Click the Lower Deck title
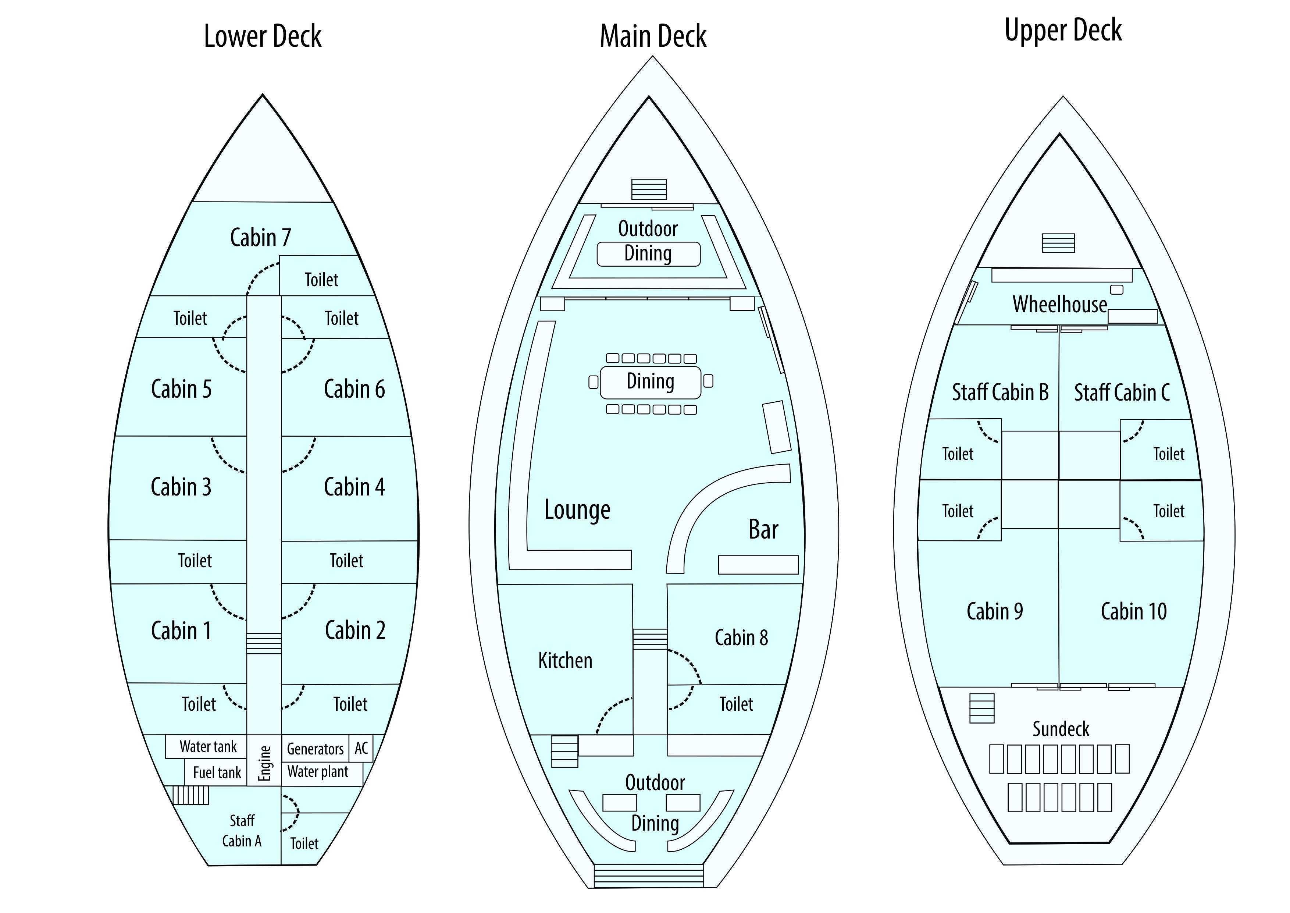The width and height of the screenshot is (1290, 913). pos(263,36)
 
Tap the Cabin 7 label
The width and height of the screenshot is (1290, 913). pos(261,238)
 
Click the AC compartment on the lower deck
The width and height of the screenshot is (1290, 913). pos(361,748)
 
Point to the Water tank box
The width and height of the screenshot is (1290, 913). pos(207,747)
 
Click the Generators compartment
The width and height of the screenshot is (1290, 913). pos(315,749)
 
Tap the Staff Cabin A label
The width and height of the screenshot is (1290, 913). pos(242,831)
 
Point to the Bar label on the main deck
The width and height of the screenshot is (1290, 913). pos(763,530)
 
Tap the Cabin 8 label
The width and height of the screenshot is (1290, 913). pos(741,637)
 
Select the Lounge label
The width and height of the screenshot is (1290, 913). pos(577,510)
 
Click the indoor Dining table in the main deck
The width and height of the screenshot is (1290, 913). pos(650,382)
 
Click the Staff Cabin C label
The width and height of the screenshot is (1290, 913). pos(1122,392)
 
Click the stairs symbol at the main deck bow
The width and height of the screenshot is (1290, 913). pos(649,189)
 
